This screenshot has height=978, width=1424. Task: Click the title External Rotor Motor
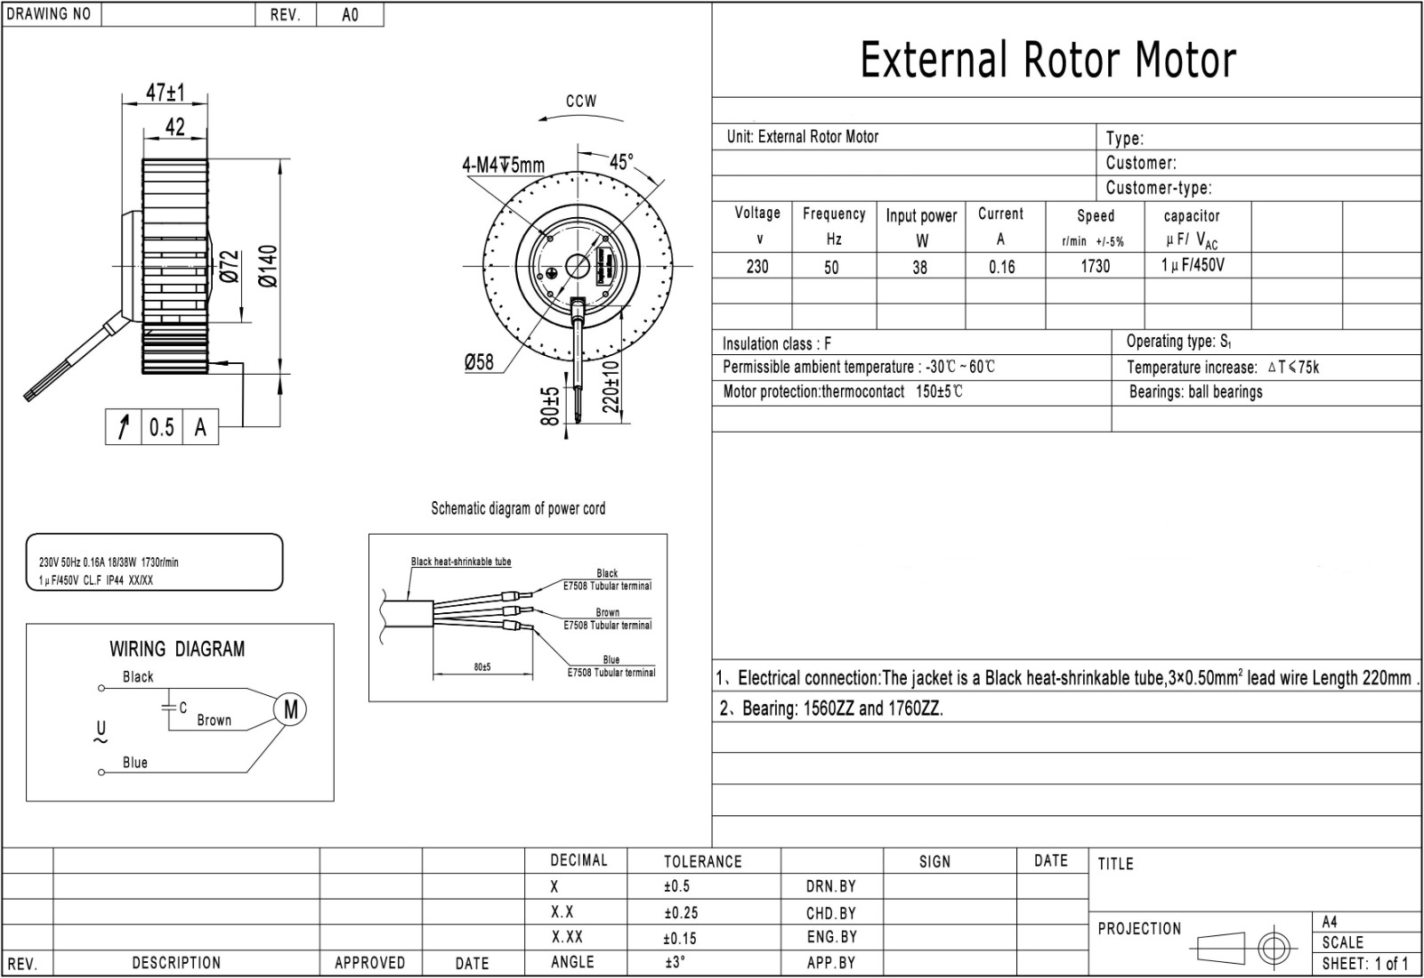pyautogui.click(x=1048, y=61)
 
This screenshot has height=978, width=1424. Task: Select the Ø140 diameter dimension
pyautogui.click(x=269, y=266)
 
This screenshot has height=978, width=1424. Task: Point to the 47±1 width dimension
pyautogui.click(x=165, y=93)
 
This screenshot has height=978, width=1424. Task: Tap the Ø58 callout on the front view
pyautogui.click(x=479, y=362)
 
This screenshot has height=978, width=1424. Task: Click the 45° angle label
pyautogui.click(x=621, y=162)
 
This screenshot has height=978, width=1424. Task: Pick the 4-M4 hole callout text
pyautogui.click(x=503, y=166)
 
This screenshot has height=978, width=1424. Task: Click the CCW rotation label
pyautogui.click(x=581, y=101)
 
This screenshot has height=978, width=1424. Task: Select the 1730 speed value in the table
pyautogui.click(x=1095, y=266)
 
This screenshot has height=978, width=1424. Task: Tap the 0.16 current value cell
pyautogui.click(x=1001, y=267)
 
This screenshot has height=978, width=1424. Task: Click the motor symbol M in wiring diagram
pyautogui.click(x=291, y=709)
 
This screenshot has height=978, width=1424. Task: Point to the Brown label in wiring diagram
pyautogui.click(x=214, y=721)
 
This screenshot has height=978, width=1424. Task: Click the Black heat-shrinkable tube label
pyautogui.click(x=461, y=562)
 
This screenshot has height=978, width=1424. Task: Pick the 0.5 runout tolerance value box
pyautogui.click(x=161, y=428)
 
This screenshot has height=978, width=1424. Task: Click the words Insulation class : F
pyautogui.click(x=776, y=344)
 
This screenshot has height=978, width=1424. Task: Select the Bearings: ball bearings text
pyautogui.click(x=1195, y=392)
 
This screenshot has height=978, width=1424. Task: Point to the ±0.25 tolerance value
pyautogui.click(x=680, y=913)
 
